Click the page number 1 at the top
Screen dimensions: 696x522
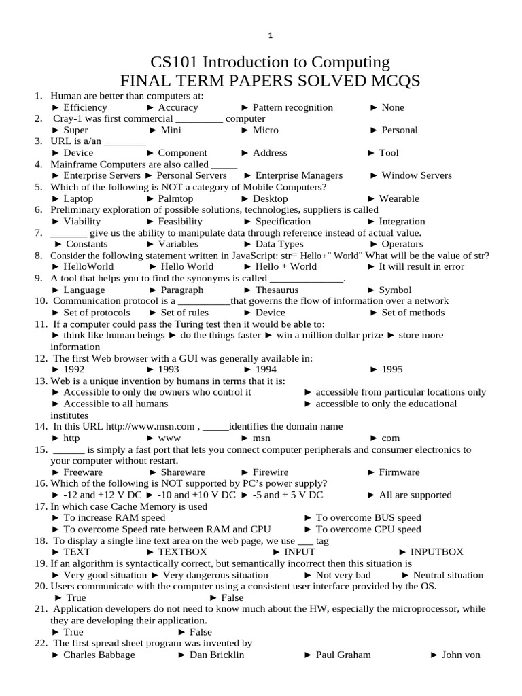[x=270, y=35]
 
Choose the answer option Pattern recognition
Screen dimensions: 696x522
[x=292, y=107]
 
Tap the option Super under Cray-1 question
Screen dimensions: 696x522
[x=75, y=130]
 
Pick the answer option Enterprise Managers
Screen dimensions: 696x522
[x=299, y=175]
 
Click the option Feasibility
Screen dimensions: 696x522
[x=179, y=221]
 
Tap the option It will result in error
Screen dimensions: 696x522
[x=421, y=266]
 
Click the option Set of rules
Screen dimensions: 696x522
[x=184, y=313]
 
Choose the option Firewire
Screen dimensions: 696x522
[x=270, y=472]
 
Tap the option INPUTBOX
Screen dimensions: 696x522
[x=436, y=552]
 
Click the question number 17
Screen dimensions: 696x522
[x=40, y=506]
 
